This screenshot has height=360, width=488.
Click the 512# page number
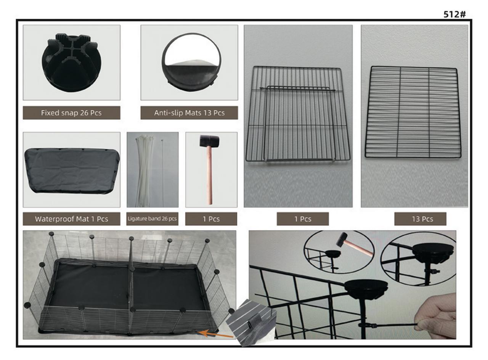click(455, 14)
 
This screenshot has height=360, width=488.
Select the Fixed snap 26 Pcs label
click(71, 112)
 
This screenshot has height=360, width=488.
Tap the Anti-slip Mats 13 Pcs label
click(189, 112)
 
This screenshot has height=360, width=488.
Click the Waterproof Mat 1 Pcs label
click(71, 219)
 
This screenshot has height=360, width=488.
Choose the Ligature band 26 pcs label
click(152, 219)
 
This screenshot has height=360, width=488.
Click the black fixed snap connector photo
click(71, 63)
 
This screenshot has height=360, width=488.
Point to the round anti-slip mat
click(191, 62)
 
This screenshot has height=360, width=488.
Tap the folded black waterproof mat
click(72, 170)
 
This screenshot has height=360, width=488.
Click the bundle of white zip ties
click(144, 171)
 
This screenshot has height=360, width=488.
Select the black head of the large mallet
click(209, 141)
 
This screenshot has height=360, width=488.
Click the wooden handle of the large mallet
click(209, 175)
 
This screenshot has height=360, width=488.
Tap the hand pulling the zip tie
click(436, 316)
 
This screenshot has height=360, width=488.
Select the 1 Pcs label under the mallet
click(211, 219)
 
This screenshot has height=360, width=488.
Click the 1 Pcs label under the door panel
click(303, 219)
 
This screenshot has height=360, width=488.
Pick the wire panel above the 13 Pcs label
click(413, 112)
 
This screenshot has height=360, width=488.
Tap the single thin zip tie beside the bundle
click(162, 172)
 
